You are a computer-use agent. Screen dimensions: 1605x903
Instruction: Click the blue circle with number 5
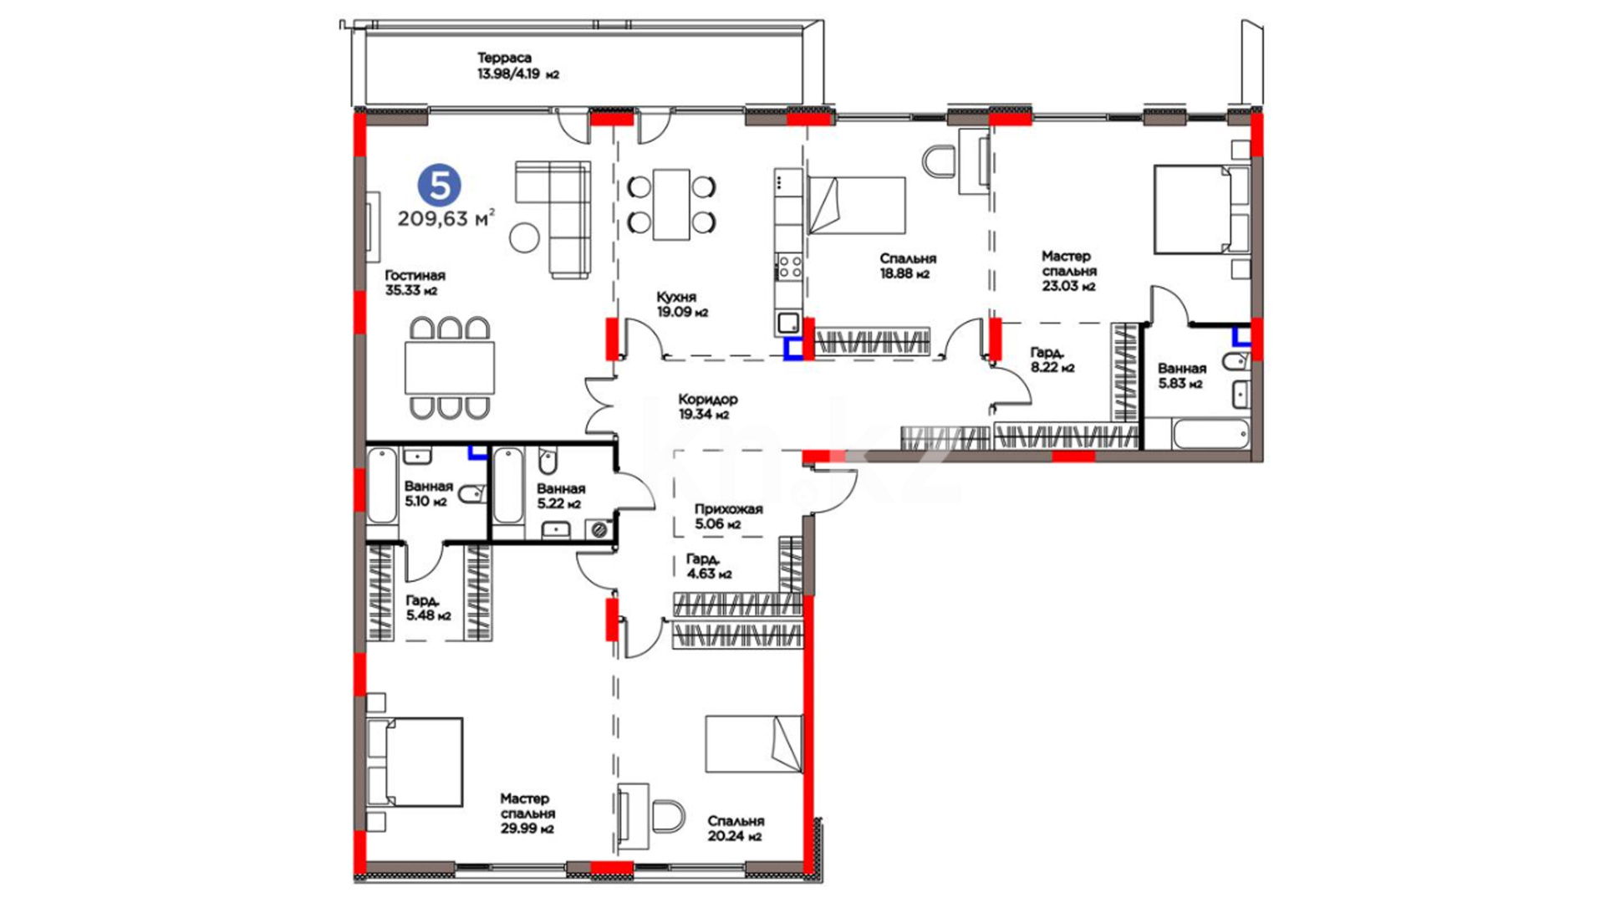439,186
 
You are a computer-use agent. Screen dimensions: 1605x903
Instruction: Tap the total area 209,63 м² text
446,219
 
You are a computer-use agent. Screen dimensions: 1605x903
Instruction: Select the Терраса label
504,58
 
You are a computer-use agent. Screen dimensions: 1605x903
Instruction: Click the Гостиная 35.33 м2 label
415,283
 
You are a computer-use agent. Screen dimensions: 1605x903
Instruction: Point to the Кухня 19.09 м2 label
681,304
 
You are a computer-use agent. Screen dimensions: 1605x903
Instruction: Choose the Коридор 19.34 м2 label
708,406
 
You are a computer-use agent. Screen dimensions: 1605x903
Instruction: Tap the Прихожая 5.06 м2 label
728,517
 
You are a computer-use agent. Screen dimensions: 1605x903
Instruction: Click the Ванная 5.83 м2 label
1181,375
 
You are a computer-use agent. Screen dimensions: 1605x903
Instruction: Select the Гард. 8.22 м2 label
1052,360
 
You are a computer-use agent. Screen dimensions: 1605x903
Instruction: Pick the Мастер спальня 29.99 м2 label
527,814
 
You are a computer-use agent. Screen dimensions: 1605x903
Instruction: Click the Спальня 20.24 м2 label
736,829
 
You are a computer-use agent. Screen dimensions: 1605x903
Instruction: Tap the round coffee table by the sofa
525,238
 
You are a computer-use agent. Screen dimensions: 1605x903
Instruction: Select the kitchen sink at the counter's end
787,323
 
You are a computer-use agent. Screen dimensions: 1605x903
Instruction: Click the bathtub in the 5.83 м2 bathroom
1211,435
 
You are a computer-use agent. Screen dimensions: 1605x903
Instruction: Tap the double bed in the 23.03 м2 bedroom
1201,209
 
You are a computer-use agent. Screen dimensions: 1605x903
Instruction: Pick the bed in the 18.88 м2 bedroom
856,205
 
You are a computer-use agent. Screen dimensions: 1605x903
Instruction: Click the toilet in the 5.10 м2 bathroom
472,493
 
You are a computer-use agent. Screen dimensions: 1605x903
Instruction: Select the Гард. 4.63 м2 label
709,566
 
